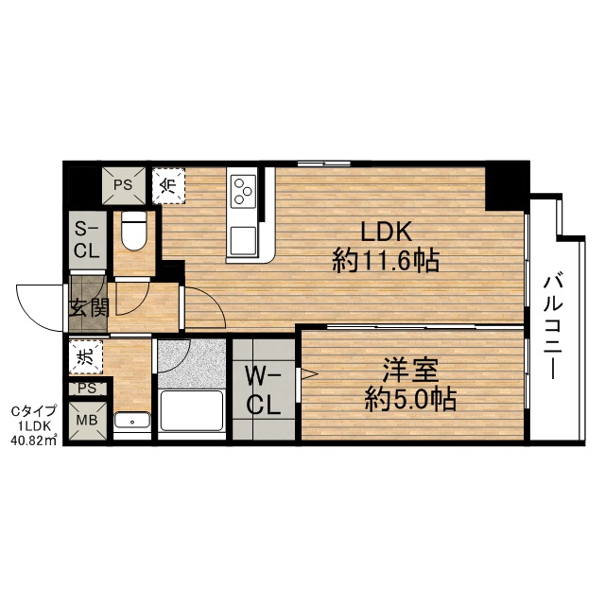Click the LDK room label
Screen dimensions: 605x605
(x=385, y=232)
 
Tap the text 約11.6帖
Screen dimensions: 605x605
(x=386, y=261)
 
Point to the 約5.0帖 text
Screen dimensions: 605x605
(x=411, y=399)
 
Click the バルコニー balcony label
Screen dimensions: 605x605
(x=553, y=326)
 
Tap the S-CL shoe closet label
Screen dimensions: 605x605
(x=87, y=240)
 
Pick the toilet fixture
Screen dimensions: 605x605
(x=133, y=231)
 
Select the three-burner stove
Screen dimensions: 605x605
(x=243, y=190)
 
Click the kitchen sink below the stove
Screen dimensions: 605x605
(x=243, y=240)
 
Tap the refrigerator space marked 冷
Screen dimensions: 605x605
(x=168, y=185)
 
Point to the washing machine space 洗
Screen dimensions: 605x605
(x=86, y=357)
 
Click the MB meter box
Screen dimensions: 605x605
(x=88, y=420)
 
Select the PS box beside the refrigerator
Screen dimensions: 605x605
(x=124, y=185)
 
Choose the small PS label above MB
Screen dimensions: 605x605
(x=87, y=389)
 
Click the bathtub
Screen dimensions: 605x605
(x=192, y=410)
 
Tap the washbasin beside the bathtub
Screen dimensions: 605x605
(x=132, y=420)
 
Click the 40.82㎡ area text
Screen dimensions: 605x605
(x=34, y=440)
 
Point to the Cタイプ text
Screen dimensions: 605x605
(x=34, y=411)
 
